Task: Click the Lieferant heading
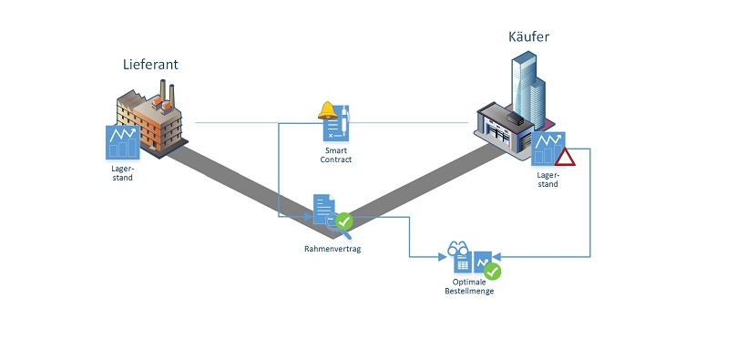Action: pos(150,65)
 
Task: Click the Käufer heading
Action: pos(528,37)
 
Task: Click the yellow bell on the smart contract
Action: pos(326,110)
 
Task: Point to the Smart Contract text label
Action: pos(337,154)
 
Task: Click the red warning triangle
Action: pos(566,158)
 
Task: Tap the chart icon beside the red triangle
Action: pos(547,149)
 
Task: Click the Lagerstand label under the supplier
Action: pos(122,173)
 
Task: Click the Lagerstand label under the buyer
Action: pos(547,180)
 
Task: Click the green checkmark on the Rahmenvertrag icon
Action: pos(344,221)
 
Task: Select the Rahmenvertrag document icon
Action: pos(323,209)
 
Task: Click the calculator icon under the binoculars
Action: pos(462,265)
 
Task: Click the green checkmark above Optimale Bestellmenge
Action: pos(492,271)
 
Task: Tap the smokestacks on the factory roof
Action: pos(167,91)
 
